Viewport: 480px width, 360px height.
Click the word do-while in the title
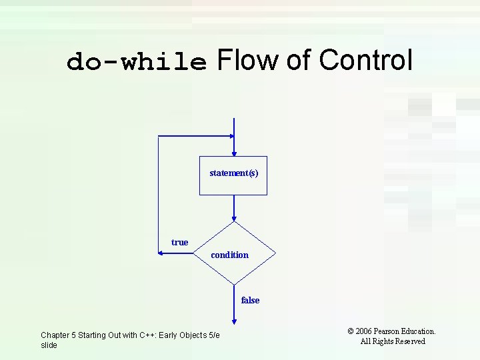point(137,62)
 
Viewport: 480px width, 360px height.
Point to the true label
point(179,242)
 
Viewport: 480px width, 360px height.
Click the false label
point(250,300)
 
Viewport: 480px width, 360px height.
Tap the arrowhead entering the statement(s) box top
point(234,153)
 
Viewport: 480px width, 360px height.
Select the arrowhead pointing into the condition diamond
point(234,218)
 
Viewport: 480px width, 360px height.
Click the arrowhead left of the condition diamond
point(161,253)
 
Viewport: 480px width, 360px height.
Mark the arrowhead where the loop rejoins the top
point(231,136)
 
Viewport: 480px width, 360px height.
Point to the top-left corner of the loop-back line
point(158,136)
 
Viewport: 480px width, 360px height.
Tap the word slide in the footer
point(49,345)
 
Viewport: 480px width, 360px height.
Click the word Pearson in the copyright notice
point(389,331)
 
